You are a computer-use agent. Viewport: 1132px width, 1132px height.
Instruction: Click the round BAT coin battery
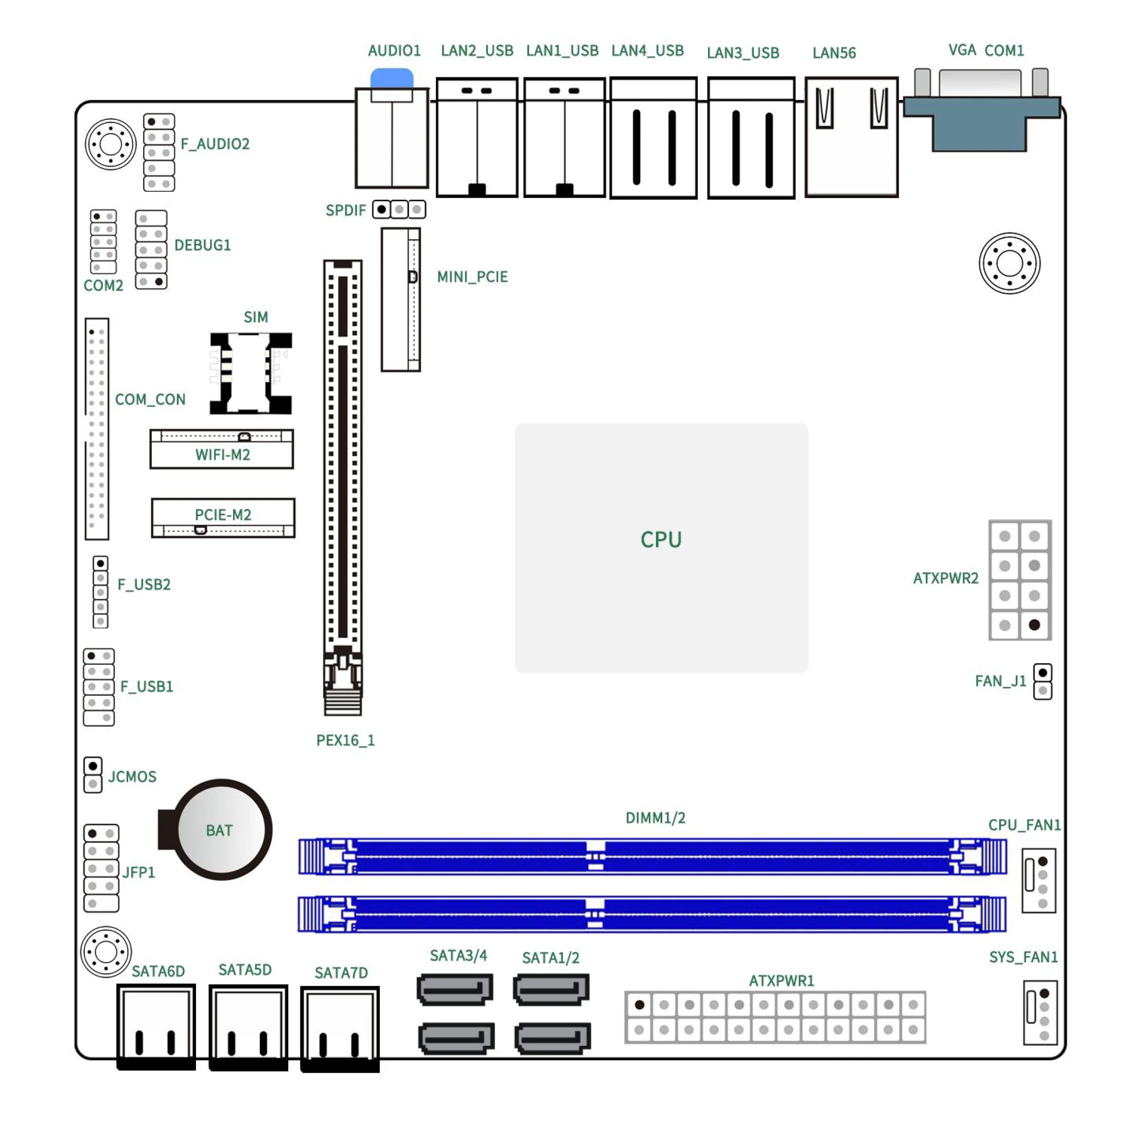223,829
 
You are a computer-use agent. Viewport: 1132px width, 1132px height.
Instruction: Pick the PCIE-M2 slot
223,518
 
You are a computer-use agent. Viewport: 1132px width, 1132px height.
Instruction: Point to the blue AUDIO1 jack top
392,78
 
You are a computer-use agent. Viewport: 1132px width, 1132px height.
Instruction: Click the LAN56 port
852,137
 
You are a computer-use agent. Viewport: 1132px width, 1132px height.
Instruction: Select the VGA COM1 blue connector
981,110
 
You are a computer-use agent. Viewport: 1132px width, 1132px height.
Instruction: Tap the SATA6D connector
156,1027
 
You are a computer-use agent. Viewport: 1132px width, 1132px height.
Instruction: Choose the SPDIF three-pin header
399,209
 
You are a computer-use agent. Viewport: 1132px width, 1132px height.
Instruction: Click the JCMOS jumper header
93,774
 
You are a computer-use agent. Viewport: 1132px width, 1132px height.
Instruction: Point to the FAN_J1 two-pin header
1042,681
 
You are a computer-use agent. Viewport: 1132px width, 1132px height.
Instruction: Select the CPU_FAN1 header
1039,880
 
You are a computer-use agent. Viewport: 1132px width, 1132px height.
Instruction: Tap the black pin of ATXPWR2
1034,625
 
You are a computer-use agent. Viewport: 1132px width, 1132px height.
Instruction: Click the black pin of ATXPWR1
639,1005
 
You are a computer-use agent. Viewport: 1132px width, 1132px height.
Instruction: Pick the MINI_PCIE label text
472,276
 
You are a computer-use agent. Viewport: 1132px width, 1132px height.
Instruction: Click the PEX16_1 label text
345,740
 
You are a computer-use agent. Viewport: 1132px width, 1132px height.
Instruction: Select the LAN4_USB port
653,138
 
